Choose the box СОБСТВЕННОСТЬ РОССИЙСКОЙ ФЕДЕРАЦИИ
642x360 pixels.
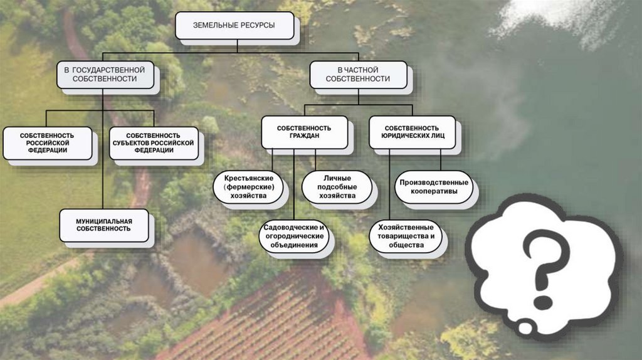point(47,143)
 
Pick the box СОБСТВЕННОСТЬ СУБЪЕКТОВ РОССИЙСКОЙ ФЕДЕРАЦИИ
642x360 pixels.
point(154,143)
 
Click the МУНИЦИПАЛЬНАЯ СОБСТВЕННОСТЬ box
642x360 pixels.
point(104,225)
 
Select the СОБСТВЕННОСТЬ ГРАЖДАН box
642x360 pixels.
point(304,132)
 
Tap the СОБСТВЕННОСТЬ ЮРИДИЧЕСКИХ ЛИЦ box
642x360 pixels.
point(411,132)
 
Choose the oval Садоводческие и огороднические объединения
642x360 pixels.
point(294,236)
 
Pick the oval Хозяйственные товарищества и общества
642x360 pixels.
point(406,236)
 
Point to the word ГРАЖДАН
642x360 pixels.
point(304,137)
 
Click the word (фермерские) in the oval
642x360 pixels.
point(248,187)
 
